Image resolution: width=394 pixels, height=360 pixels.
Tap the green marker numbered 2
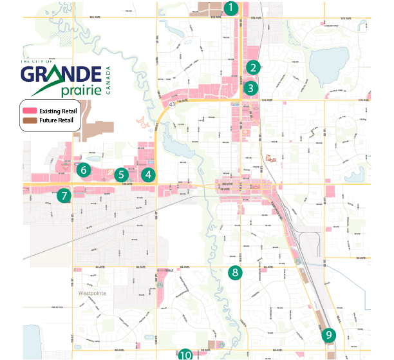[x=254, y=67]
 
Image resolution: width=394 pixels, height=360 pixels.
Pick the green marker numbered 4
[x=149, y=174]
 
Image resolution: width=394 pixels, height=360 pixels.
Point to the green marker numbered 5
[x=120, y=175]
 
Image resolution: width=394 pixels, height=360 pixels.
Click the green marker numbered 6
[x=82, y=171]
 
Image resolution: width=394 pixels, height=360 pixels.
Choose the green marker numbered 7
[x=64, y=195]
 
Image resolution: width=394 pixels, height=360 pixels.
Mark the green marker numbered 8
[x=235, y=272]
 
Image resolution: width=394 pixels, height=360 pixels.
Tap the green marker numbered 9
[x=329, y=335]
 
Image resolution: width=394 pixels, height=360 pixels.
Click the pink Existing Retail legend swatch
[x=30, y=111]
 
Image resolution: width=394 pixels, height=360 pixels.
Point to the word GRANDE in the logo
[x=61, y=74]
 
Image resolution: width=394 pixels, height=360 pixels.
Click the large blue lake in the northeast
[x=328, y=66]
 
